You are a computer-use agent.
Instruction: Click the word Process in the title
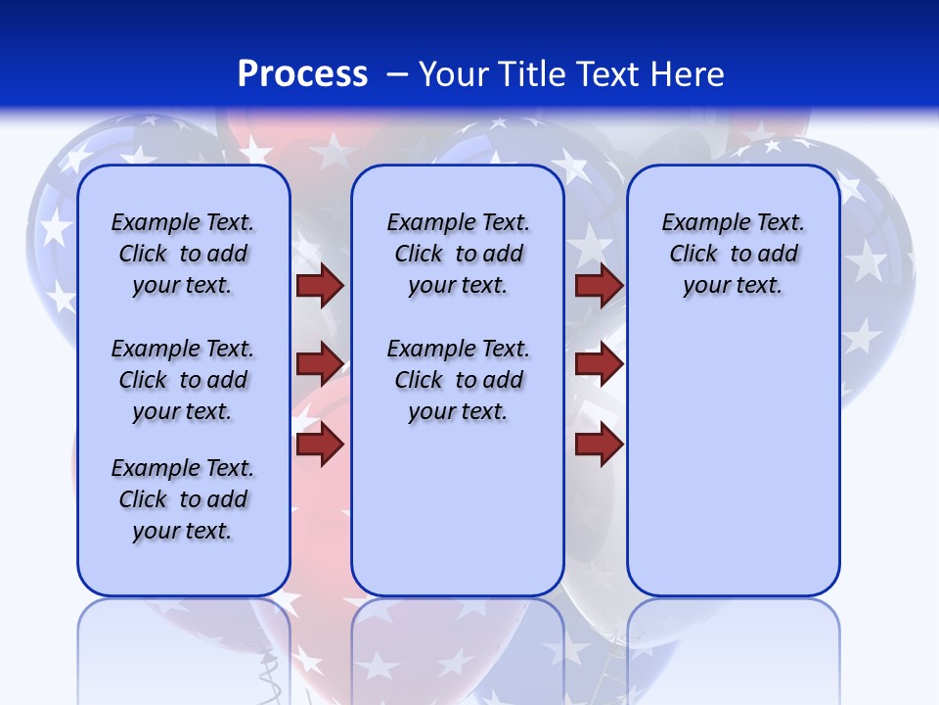tap(302, 74)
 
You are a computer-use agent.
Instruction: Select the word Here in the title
tap(689, 74)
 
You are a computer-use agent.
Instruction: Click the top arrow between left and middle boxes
tap(320, 286)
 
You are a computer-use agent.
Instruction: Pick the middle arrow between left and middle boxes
tap(320, 363)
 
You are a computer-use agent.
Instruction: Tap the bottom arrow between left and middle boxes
tap(320, 444)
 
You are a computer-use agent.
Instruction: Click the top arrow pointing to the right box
tap(599, 286)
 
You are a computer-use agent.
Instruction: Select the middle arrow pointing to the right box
tap(599, 364)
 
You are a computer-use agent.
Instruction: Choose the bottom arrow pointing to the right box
tap(599, 445)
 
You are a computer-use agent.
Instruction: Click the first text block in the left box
tap(183, 254)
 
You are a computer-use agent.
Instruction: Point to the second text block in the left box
tap(183, 380)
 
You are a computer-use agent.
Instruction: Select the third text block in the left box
tap(183, 499)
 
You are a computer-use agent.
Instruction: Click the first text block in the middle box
tap(458, 254)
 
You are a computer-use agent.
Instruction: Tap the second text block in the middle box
tap(458, 380)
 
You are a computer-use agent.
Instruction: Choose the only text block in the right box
tap(733, 254)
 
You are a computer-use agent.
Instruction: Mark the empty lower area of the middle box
tap(458, 509)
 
